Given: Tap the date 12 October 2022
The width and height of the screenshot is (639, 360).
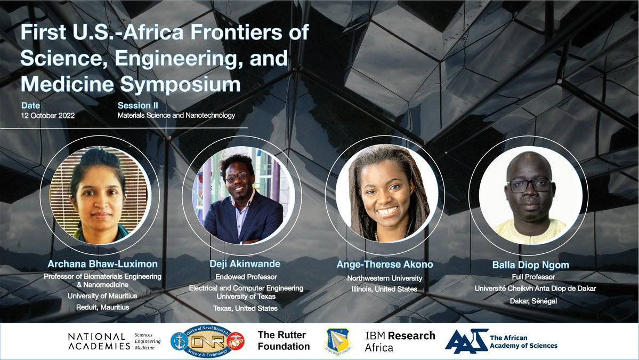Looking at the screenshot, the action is (x=47, y=115).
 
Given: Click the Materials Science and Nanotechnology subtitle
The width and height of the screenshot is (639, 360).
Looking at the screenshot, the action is (x=176, y=115).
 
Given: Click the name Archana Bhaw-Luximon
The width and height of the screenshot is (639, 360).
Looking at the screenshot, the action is (x=102, y=264).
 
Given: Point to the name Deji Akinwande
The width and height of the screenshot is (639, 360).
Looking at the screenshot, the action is (x=245, y=264).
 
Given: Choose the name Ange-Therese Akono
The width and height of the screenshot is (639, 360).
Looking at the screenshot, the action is (x=385, y=265).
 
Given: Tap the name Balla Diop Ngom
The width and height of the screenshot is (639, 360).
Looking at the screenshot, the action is (x=531, y=265).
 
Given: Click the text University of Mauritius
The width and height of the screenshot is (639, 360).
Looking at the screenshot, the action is (x=102, y=296).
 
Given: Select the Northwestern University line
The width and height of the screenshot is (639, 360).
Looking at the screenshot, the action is (x=385, y=278).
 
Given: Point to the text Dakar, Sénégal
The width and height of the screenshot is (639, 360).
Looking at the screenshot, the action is (x=533, y=301).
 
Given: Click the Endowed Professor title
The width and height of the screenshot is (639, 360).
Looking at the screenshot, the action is (x=246, y=277).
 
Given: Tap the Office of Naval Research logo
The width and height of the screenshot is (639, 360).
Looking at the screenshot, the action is (x=207, y=341).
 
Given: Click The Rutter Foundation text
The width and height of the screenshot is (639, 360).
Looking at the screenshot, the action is (x=284, y=341).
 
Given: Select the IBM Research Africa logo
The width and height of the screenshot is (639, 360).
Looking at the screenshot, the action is (x=400, y=342).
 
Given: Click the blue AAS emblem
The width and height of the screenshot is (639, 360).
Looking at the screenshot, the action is (x=467, y=341).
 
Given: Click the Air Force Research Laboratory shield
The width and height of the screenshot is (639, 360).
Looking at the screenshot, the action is (x=337, y=341).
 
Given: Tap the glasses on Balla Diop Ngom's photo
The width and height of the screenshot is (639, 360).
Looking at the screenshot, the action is (x=529, y=186).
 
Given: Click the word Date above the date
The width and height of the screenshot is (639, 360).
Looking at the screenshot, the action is (x=30, y=106).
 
